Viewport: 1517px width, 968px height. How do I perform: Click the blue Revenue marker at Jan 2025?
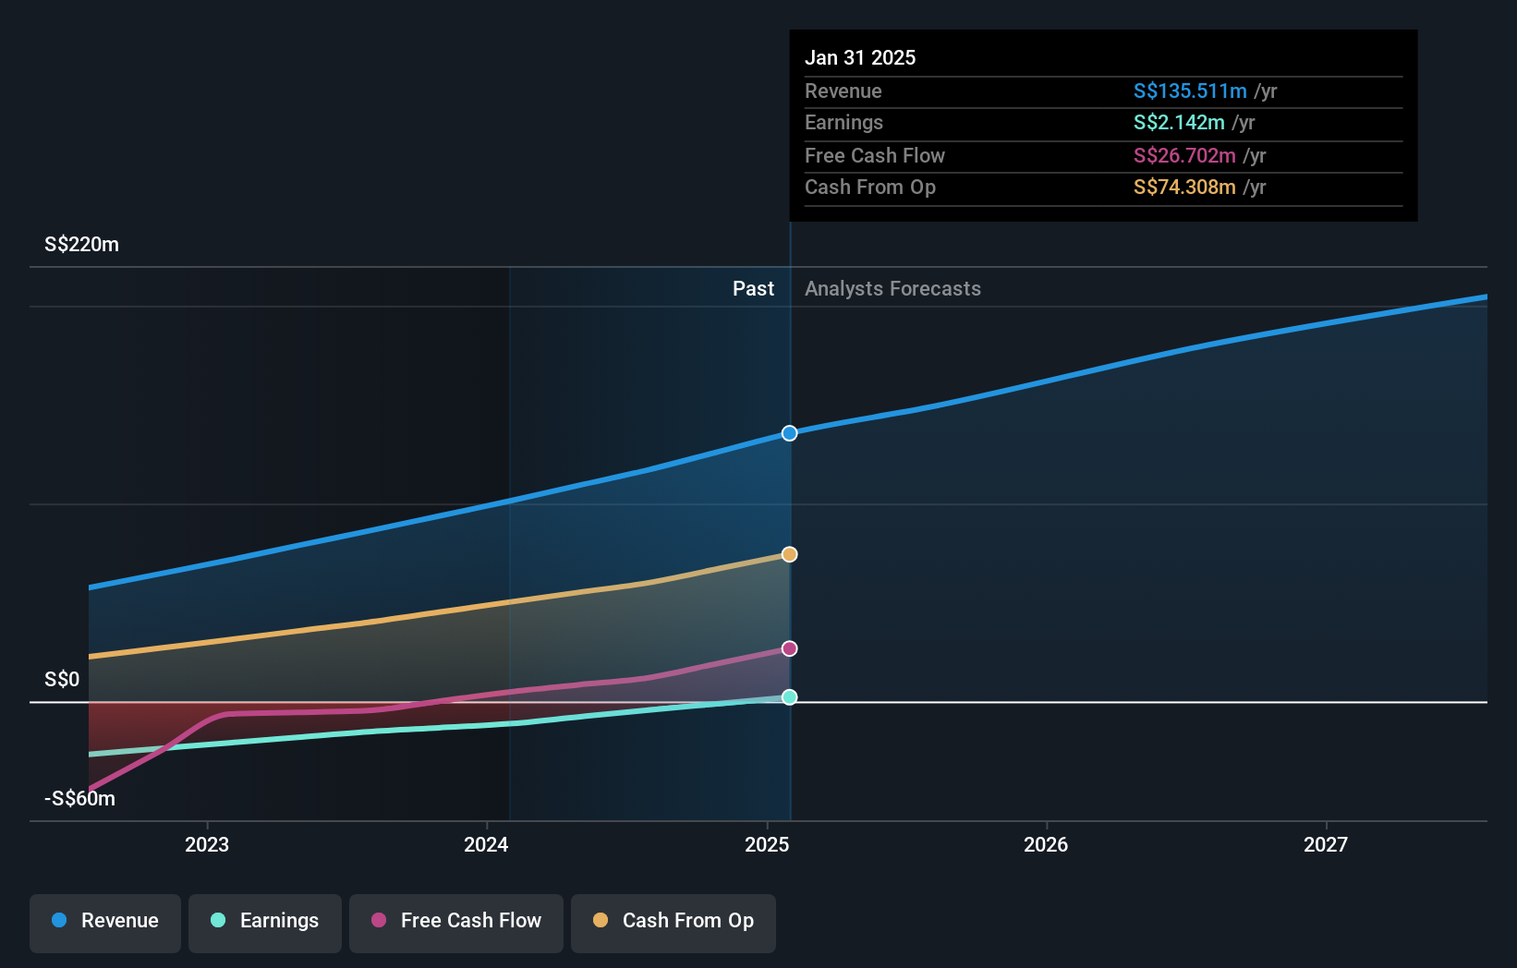click(789, 433)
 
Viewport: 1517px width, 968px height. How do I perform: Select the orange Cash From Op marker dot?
click(789, 554)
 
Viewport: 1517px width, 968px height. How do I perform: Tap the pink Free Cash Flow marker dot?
click(789, 648)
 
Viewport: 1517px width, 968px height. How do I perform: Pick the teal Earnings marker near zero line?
click(789, 697)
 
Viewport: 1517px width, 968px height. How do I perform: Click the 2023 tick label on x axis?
click(207, 844)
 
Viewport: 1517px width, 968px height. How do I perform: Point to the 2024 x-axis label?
click(486, 844)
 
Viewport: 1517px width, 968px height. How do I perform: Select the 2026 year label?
click(1046, 844)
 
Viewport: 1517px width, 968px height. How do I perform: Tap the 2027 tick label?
click(1326, 844)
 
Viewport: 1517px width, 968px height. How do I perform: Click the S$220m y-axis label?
click(81, 245)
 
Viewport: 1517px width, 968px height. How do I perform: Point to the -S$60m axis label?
click(79, 799)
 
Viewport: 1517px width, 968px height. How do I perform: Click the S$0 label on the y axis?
click(62, 680)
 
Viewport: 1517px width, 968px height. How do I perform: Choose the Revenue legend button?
click(105, 921)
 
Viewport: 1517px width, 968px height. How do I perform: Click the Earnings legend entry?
click(265, 921)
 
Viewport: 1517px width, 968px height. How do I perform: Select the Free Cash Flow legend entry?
click(456, 921)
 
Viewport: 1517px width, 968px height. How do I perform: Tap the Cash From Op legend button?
click(674, 921)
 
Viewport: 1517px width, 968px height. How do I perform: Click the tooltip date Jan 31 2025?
click(860, 57)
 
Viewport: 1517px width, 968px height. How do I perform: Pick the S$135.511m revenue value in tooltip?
click(1190, 91)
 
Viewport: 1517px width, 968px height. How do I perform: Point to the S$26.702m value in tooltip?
click(1184, 155)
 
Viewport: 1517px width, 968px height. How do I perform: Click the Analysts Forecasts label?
click(892, 289)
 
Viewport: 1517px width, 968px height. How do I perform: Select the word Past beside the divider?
click(753, 289)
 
